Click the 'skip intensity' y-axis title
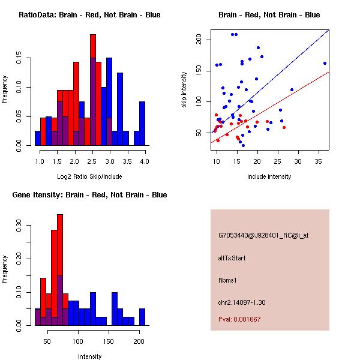coord(185,90)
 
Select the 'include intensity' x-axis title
coord(269,176)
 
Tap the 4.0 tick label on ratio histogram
coord(144,162)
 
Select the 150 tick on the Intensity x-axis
coord(108,342)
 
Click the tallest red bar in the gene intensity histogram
coord(60,270)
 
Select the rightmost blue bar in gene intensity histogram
coord(142,317)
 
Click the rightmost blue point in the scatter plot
coord(325,63)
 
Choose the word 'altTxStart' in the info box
coord(233,258)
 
